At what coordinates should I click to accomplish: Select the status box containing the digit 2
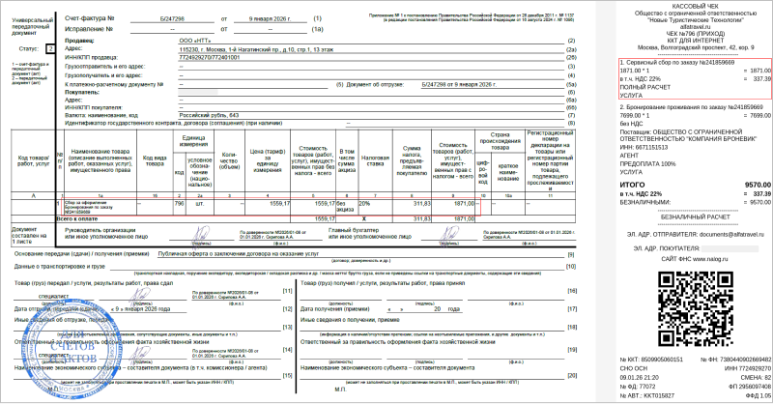[x=50, y=46]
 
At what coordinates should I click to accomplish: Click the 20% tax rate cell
[x=364, y=204]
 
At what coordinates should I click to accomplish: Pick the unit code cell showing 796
[x=179, y=204]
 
